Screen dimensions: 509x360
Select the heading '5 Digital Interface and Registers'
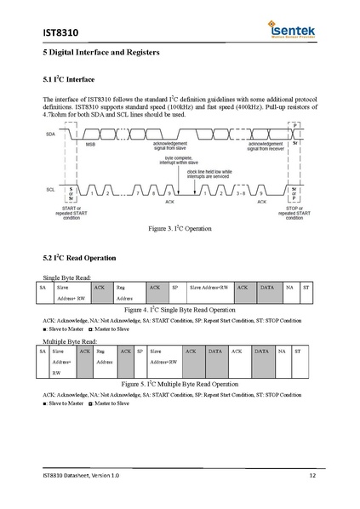click(101, 53)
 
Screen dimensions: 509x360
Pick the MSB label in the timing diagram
click(91, 146)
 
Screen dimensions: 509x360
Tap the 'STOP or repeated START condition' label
click(294, 212)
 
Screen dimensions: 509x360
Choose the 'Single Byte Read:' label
click(66, 278)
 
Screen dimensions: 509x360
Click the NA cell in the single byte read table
click(290, 289)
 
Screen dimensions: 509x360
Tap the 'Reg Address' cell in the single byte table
click(125, 294)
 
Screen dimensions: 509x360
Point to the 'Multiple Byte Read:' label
click(68, 340)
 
